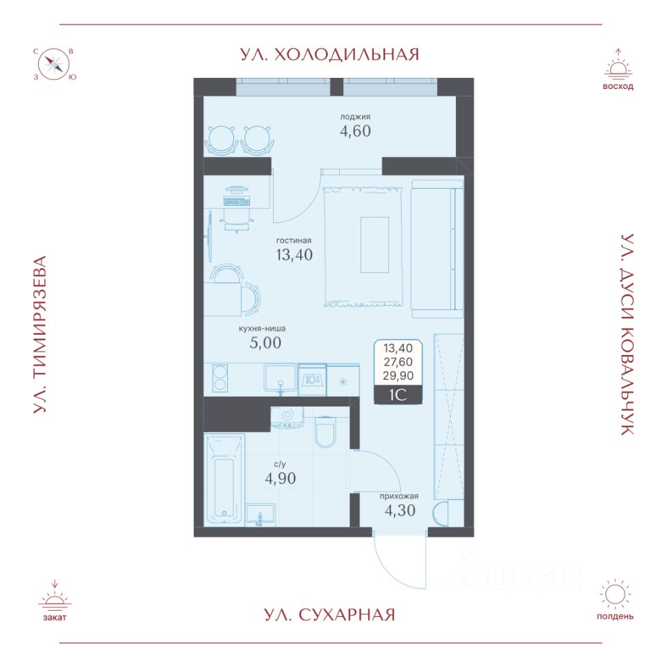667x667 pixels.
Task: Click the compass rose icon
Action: point(54,65)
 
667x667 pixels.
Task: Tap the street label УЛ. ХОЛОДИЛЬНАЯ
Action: point(330,54)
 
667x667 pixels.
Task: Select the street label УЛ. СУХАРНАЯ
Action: point(330,614)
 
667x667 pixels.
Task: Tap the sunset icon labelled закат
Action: point(54,599)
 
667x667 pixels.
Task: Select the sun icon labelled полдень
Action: point(615,595)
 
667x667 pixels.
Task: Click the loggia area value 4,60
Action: point(350,131)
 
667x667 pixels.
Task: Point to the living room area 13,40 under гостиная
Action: point(295,254)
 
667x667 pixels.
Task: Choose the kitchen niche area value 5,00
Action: point(266,342)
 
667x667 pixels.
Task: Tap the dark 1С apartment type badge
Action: point(397,395)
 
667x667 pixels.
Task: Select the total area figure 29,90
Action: point(397,375)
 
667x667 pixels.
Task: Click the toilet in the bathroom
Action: point(325,432)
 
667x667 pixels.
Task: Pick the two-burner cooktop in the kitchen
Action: point(220,379)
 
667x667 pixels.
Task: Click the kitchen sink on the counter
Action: point(280,379)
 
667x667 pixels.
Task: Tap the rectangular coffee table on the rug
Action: point(374,245)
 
